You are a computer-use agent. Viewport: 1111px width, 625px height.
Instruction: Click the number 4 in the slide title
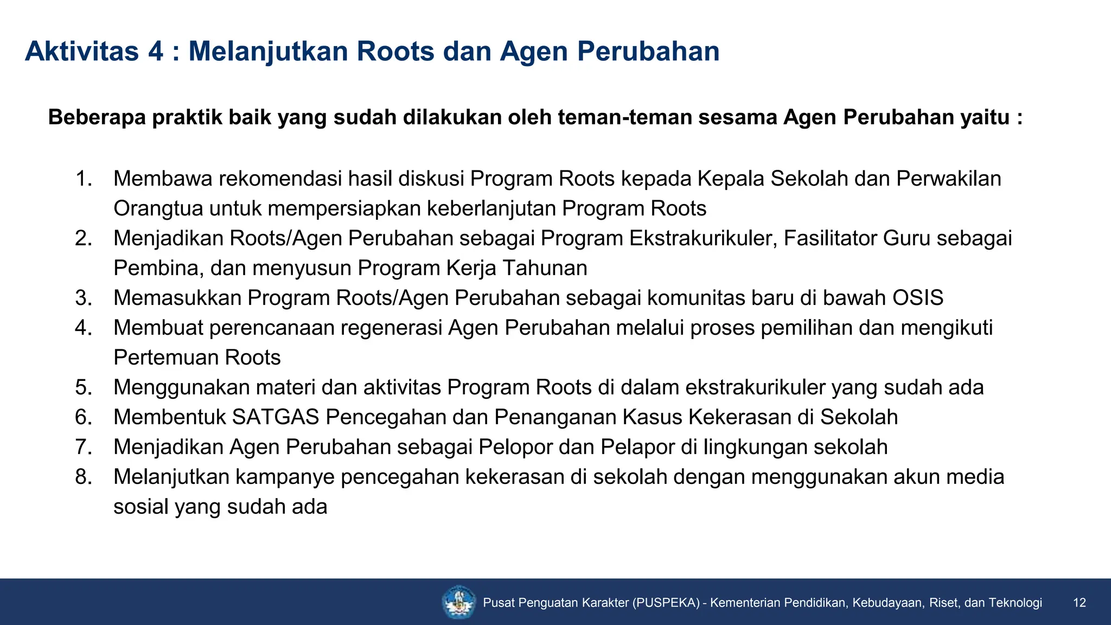155,52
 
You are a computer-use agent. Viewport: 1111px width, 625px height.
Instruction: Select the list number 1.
83,178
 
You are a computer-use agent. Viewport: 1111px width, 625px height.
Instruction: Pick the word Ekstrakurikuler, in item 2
703,238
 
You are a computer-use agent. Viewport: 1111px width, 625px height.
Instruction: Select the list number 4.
83,328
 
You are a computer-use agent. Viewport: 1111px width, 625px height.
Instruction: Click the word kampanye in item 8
285,477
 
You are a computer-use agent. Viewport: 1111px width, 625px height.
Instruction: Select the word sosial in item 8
141,507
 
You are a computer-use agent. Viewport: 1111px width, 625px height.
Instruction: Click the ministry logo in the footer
459,602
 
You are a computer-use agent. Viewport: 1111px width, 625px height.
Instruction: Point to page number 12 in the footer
1080,603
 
